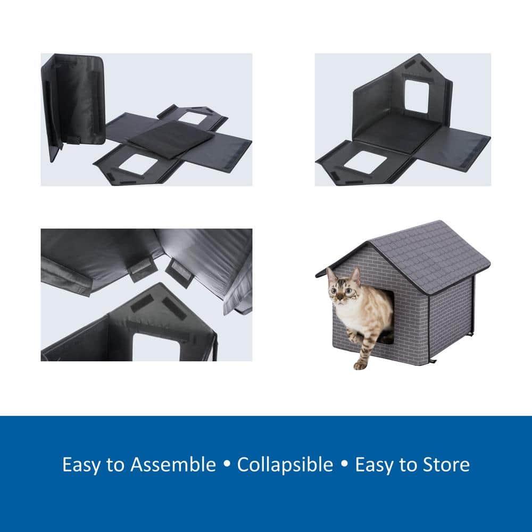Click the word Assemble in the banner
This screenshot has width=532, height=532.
pyautogui.click(x=173, y=464)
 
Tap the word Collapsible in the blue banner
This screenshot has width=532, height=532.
pyautogui.click(x=285, y=464)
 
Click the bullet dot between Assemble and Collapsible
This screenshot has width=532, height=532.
pyautogui.click(x=227, y=465)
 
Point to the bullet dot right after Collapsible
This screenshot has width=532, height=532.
pyautogui.click(x=344, y=465)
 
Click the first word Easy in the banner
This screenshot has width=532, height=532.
pyautogui.click(x=82, y=464)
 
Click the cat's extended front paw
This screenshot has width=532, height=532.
pyautogui.click(x=360, y=365)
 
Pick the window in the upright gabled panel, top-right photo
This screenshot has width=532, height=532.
pyautogui.click(x=418, y=96)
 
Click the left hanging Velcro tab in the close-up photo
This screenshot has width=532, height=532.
pyautogui.click(x=139, y=270)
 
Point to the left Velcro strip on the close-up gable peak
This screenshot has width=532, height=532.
pyautogui.click(x=143, y=304)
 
